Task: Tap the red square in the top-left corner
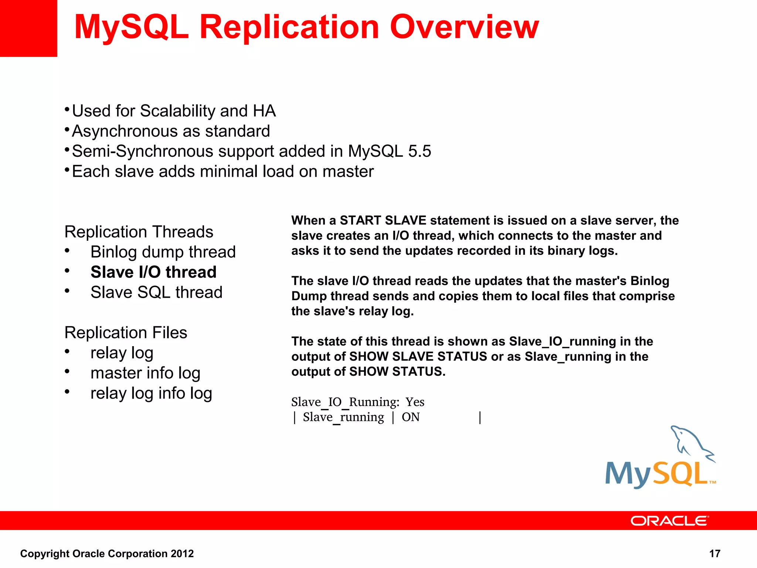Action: coord(28,28)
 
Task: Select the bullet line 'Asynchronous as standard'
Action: coord(171,131)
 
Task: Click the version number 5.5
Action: coord(420,151)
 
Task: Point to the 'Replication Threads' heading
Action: coord(139,232)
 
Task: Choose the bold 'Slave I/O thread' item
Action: coord(153,272)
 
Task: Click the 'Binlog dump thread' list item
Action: coord(163,252)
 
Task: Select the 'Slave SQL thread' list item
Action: coord(156,293)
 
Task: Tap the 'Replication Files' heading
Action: coord(126,332)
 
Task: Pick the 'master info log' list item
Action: coord(145,373)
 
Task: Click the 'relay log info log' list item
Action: coord(151,393)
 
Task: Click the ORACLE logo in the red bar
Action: coord(669,521)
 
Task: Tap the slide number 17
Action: coord(714,554)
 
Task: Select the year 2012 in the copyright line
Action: coord(182,554)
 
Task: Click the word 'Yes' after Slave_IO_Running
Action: coord(415,402)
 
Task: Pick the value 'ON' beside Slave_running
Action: coord(411,417)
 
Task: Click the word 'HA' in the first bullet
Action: coord(264,111)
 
